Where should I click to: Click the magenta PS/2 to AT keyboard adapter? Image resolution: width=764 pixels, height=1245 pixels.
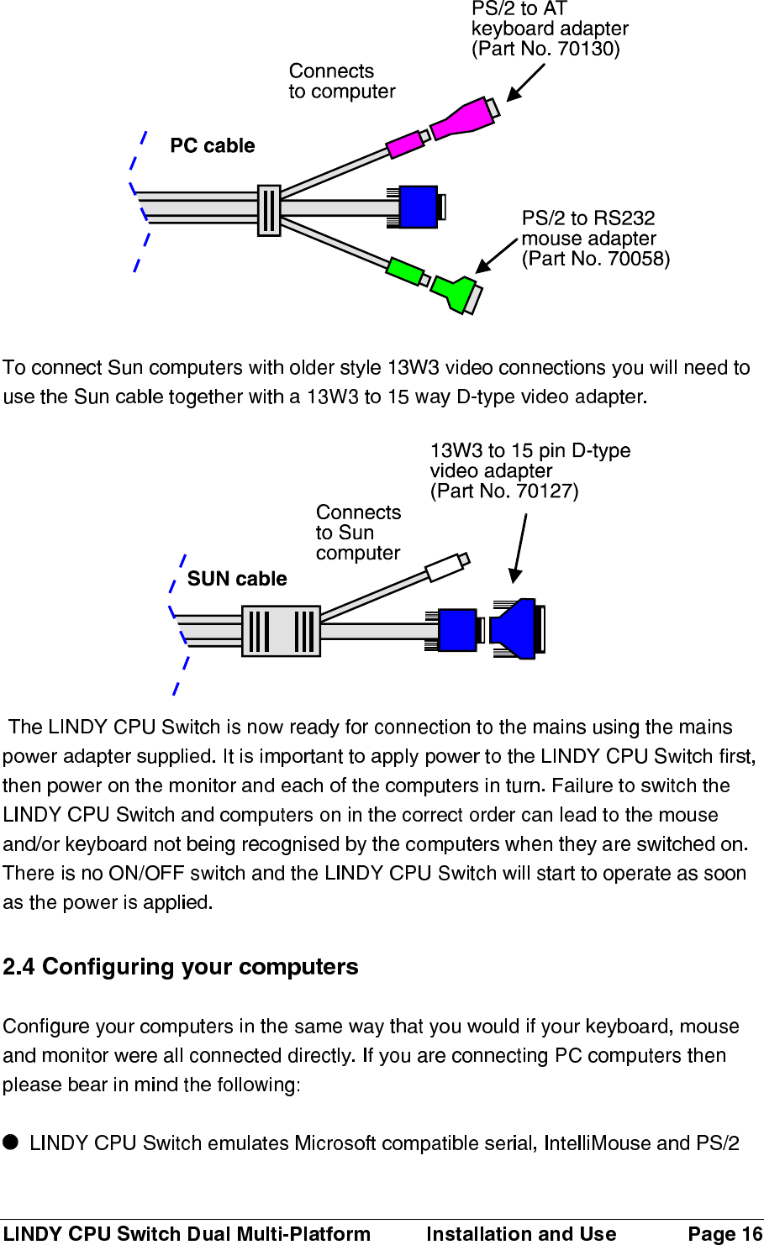[463, 118]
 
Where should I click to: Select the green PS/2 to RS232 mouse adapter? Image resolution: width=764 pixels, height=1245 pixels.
[455, 291]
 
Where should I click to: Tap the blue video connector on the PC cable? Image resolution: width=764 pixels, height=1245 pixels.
[418, 207]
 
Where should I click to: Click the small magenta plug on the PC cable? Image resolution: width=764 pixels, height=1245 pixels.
[405, 144]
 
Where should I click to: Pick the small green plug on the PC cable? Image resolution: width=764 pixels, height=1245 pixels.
[405, 271]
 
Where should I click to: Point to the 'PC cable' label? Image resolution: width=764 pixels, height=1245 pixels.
[212, 146]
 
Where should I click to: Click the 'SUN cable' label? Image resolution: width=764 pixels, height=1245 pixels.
[237, 579]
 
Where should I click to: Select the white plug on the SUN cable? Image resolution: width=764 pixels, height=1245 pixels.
[445, 568]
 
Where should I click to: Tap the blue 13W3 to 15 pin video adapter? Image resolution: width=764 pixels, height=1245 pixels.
[514, 628]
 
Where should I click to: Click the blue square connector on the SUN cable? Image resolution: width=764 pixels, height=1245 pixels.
[457, 630]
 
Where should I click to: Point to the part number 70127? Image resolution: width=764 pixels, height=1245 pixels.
[545, 491]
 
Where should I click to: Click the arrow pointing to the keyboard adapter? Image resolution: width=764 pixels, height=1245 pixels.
[525, 82]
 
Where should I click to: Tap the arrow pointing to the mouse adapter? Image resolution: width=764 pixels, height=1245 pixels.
[496, 255]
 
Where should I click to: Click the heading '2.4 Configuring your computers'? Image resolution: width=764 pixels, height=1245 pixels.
[181, 967]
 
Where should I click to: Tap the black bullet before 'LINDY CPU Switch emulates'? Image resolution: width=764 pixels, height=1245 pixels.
[10, 1142]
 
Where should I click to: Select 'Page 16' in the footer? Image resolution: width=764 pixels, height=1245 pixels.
[724, 1233]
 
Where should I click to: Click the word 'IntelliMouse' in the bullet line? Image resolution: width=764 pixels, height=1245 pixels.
[597, 1143]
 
